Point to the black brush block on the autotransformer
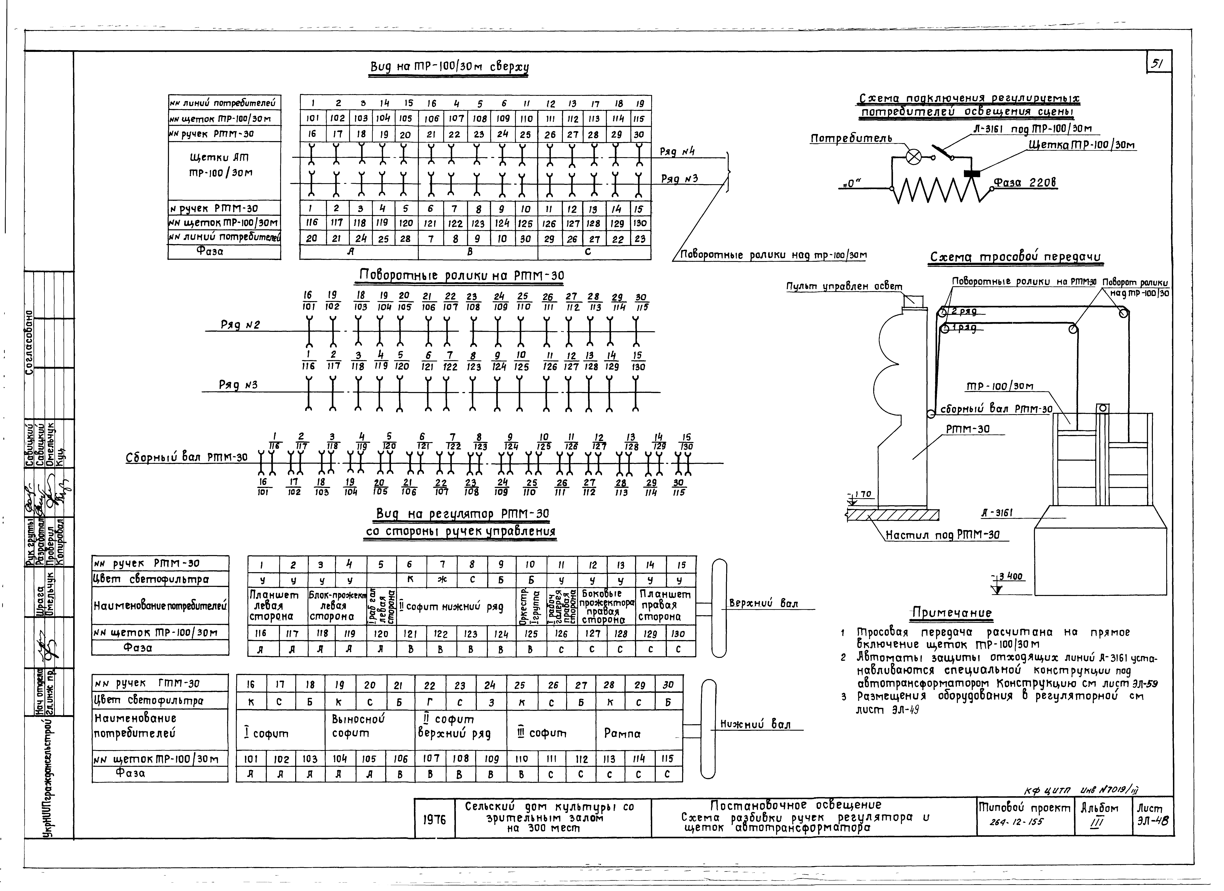pyautogui.click(x=973, y=173)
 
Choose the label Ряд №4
pyautogui.click(x=677, y=152)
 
